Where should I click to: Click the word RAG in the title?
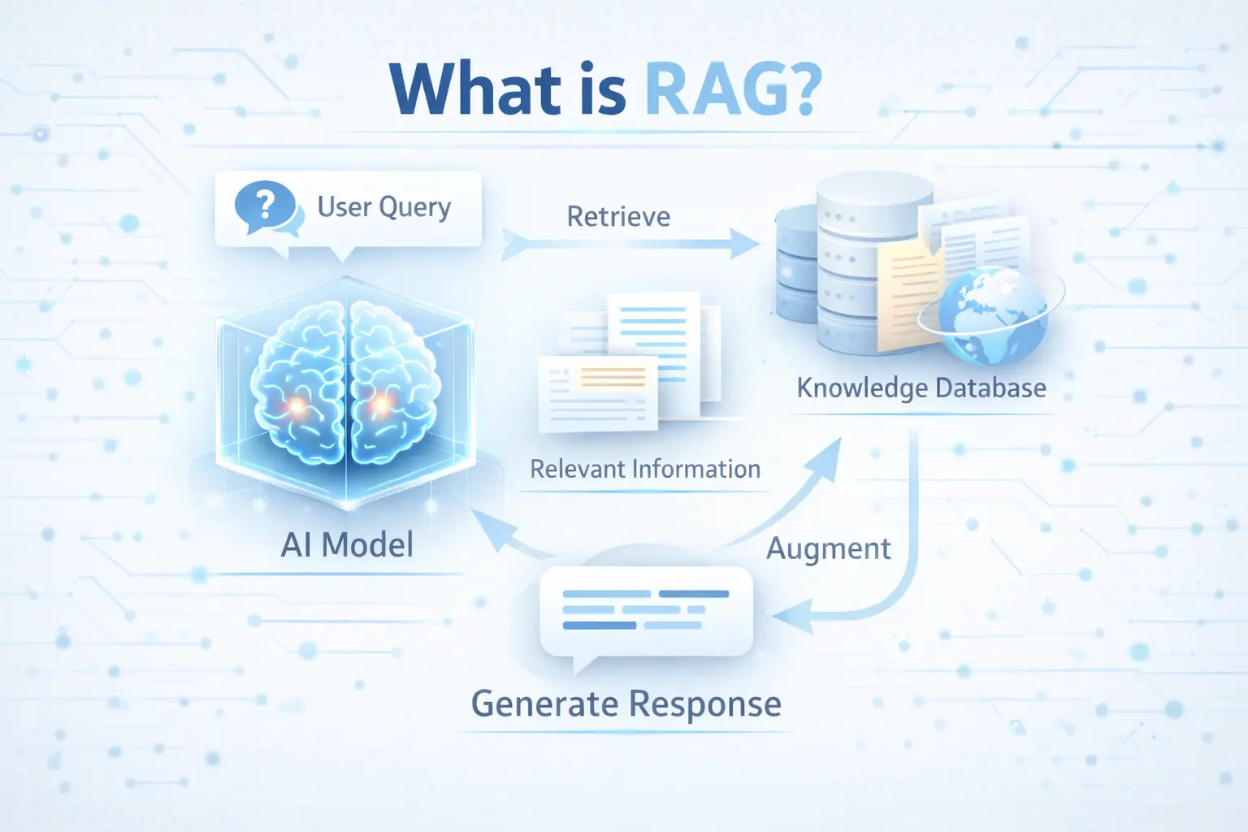pos(719,89)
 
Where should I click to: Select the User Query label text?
pos(383,208)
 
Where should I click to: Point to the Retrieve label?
pos(618,216)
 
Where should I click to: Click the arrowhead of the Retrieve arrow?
pos(744,244)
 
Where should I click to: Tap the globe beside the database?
pos(992,315)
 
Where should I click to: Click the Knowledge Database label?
pos(921,388)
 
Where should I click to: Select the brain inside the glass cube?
pos(346,383)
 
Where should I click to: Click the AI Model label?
pos(347,544)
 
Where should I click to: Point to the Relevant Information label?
pos(645,470)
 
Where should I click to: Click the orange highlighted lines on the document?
pos(613,377)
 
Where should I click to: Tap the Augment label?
pos(829,549)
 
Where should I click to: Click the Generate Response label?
pos(626,704)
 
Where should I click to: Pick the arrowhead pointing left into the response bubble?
pos(791,617)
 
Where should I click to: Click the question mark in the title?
pos(807,89)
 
